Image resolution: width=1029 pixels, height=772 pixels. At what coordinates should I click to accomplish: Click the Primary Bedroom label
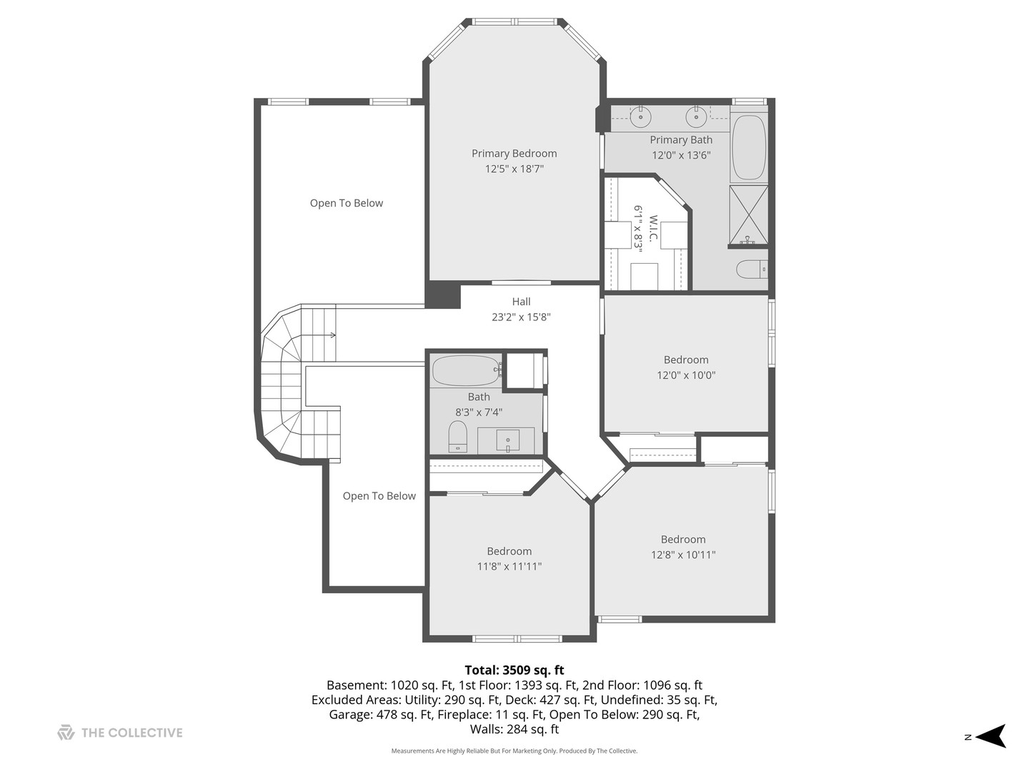[x=514, y=153]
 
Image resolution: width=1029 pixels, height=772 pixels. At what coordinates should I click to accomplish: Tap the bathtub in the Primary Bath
[x=749, y=147]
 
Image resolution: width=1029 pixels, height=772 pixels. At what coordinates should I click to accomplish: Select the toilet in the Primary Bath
[x=752, y=269]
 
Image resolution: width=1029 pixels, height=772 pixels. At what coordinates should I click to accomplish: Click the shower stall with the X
[x=749, y=215]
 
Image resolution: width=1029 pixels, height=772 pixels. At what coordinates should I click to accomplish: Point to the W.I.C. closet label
[x=653, y=228]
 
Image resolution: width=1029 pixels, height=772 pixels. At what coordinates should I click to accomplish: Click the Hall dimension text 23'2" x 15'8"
[x=521, y=317]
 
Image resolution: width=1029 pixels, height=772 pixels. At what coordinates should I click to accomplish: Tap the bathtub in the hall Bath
[x=466, y=371]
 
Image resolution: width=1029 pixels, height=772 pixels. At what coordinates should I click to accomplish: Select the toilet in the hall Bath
[x=457, y=436]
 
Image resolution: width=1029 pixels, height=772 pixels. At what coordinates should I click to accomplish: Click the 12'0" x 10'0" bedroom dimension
[x=686, y=375]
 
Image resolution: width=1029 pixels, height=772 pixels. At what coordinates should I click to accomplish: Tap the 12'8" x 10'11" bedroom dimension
[x=683, y=555]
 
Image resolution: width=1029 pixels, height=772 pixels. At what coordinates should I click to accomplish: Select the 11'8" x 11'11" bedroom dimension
[x=509, y=566]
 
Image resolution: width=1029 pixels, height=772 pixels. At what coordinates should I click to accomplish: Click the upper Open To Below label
[x=347, y=203]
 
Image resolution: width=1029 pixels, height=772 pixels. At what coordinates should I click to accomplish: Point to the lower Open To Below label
[x=379, y=496]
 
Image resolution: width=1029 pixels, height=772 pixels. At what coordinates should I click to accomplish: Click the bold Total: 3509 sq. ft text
[x=514, y=670]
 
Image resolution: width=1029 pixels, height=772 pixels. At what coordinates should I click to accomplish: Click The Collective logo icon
[x=66, y=732]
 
